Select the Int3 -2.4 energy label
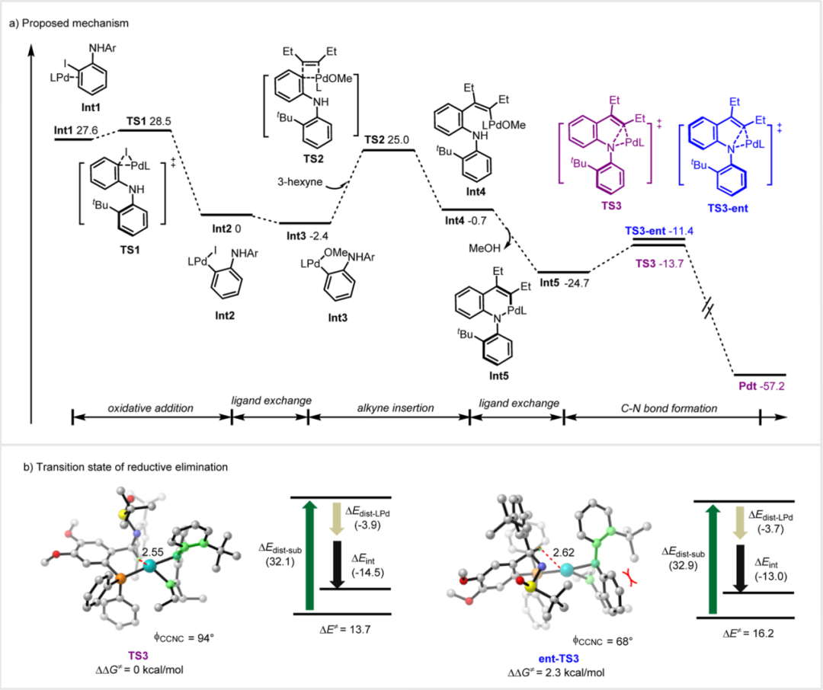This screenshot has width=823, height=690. (303, 235)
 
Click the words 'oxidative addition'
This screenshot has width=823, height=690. (152, 408)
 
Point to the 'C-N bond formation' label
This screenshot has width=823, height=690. (663, 408)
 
